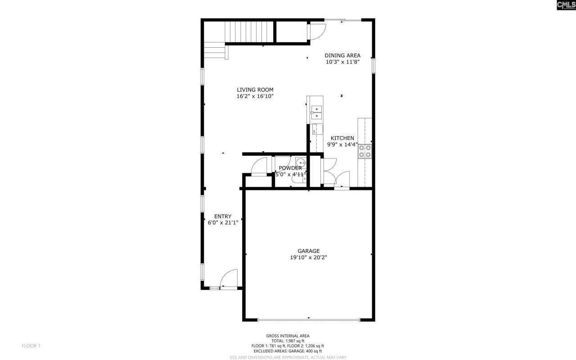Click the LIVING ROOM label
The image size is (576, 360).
click(255, 90)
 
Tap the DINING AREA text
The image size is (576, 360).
click(342, 55)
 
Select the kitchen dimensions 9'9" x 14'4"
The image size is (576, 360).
click(342, 144)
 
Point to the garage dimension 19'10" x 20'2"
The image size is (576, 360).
click(308, 258)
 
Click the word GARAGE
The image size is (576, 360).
click(308, 251)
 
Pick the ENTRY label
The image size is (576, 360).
click(223, 216)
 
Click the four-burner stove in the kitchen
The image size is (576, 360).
click(364, 152)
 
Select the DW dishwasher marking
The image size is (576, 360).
click(314, 131)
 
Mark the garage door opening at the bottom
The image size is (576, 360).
click(309, 320)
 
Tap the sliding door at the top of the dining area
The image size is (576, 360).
click(343, 19)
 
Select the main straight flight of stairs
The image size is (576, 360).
click(250, 31)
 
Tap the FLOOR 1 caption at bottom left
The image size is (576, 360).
click(31, 346)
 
